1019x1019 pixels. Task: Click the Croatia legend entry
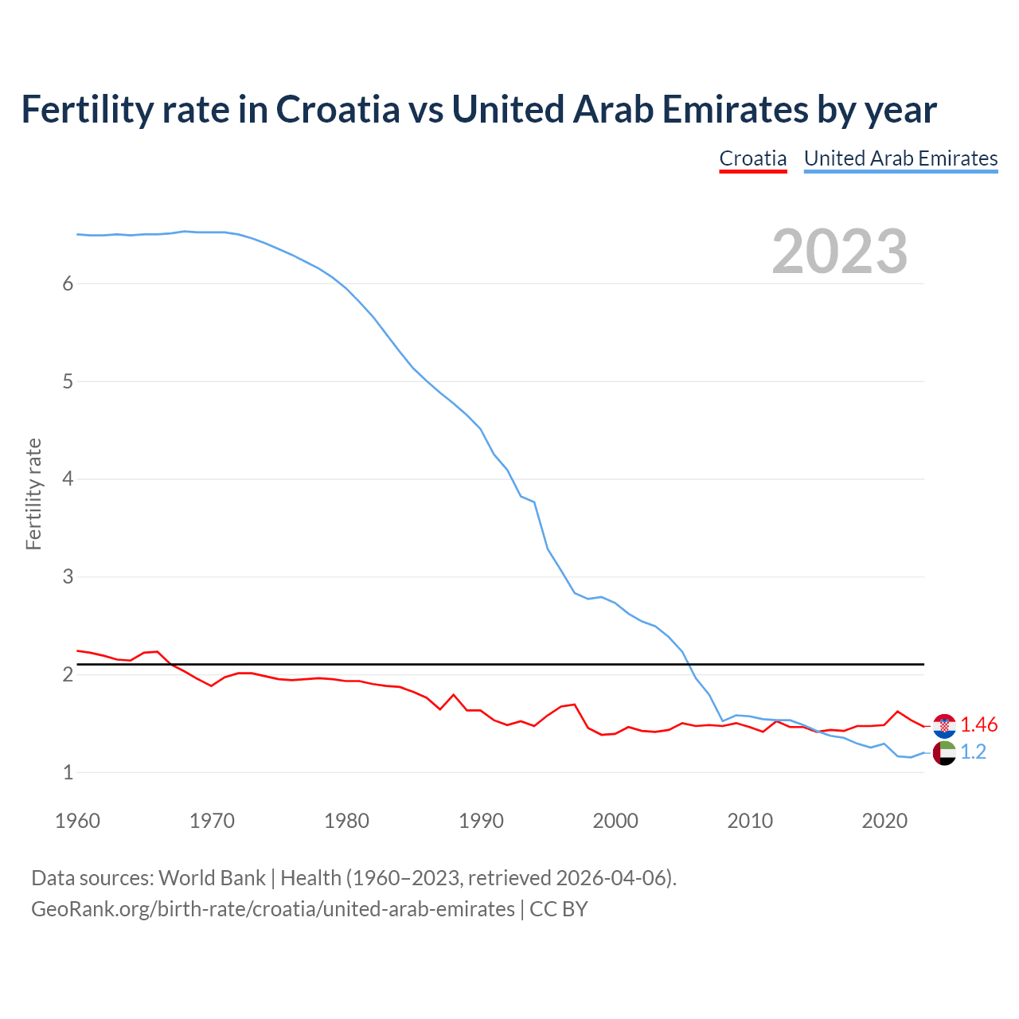click(x=752, y=158)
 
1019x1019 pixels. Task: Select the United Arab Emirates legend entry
click(x=900, y=158)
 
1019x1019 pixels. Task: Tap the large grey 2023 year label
click(x=839, y=252)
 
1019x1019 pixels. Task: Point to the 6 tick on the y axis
click(x=68, y=284)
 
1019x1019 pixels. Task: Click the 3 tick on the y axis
click(x=68, y=576)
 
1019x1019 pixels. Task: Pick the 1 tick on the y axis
click(x=68, y=772)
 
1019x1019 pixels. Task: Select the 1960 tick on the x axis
click(x=77, y=821)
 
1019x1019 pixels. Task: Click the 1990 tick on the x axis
click(x=481, y=821)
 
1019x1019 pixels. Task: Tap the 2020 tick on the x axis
click(x=884, y=821)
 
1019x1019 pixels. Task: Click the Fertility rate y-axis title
click(x=33, y=494)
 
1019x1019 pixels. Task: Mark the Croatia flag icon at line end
click(x=944, y=725)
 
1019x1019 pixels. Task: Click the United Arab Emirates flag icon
click(x=944, y=752)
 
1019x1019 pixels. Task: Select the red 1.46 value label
click(x=978, y=725)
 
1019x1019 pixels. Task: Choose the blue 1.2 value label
click(x=973, y=752)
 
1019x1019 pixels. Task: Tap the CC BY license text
click(x=558, y=909)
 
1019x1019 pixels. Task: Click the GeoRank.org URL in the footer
click(x=272, y=909)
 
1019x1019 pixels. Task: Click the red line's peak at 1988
click(x=454, y=695)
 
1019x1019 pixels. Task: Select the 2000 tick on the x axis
click(x=615, y=821)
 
